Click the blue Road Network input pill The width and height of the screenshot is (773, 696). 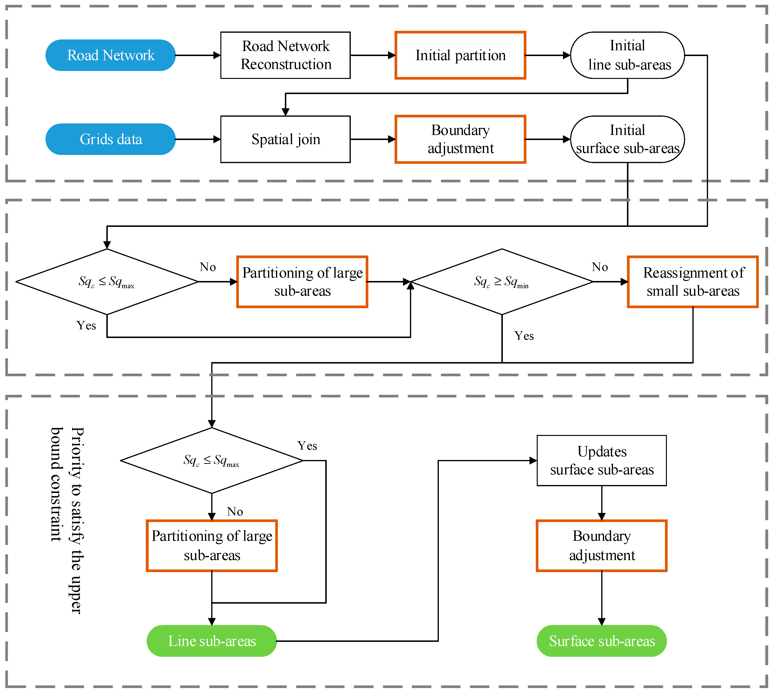(110, 55)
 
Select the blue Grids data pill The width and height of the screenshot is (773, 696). (110, 139)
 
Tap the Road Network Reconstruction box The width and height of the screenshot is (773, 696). (285, 55)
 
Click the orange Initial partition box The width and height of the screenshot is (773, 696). (460, 55)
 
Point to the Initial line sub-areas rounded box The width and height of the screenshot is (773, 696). (627, 55)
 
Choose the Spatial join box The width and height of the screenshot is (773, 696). (285, 139)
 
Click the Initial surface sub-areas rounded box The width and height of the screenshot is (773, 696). (627, 139)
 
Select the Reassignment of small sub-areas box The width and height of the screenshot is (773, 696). (693, 282)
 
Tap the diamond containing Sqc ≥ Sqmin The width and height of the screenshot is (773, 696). (502, 282)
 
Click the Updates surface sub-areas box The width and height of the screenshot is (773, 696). (602, 460)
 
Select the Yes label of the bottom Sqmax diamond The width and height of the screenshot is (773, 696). (307, 446)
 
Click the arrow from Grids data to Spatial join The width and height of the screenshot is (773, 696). (198, 139)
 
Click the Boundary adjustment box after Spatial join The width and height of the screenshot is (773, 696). (460, 139)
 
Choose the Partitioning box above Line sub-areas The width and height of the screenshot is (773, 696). (211, 546)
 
